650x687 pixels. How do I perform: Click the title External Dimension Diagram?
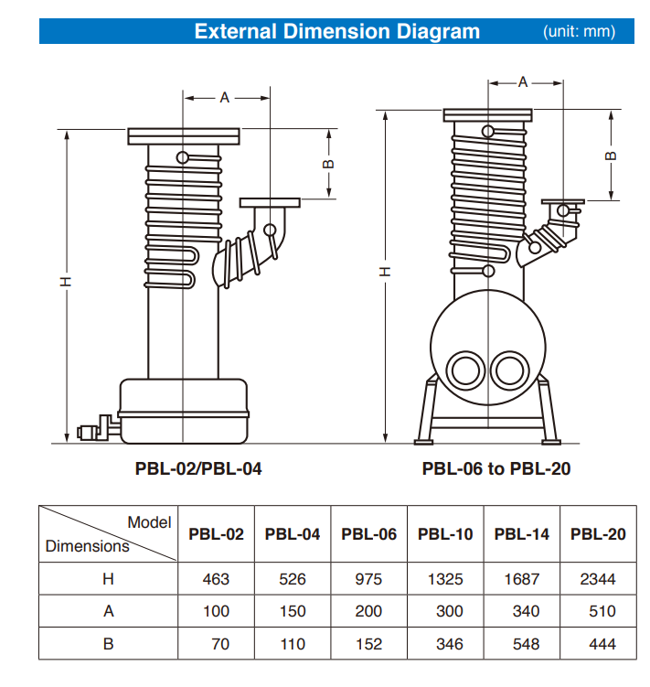(x=336, y=31)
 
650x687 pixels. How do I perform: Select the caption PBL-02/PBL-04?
(x=198, y=468)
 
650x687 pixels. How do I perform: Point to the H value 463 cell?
(x=216, y=579)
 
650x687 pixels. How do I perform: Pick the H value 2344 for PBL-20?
(x=598, y=579)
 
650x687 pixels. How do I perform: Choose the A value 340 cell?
(x=522, y=611)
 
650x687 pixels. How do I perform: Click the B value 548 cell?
(x=522, y=644)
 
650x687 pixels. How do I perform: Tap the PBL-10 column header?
(x=445, y=534)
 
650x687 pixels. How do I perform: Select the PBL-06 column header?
(x=368, y=534)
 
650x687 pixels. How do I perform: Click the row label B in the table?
(x=108, y=644)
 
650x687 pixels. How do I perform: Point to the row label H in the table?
(x=108, y=579)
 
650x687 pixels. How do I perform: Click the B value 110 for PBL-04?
(x=293, y=644)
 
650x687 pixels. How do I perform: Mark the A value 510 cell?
(x=598, y=611)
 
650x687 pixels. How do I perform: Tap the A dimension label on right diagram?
(x=524, y=82)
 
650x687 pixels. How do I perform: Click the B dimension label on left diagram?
(x=329, y=165)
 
